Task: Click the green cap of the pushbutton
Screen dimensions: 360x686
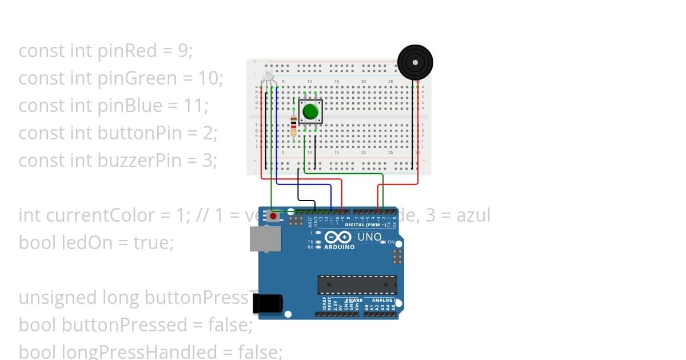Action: point(310,111)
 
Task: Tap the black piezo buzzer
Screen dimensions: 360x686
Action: point(415,62)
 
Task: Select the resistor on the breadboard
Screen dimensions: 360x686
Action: point(294,122)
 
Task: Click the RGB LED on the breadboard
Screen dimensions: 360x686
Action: point(268,77)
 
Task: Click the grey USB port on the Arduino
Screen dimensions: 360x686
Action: point(265,239)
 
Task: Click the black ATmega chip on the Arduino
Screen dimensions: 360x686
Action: point(357,285)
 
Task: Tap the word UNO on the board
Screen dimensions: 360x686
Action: point(369,237)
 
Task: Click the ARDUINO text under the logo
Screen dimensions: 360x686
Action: point(340,247)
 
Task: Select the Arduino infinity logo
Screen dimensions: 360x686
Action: point(339,237)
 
